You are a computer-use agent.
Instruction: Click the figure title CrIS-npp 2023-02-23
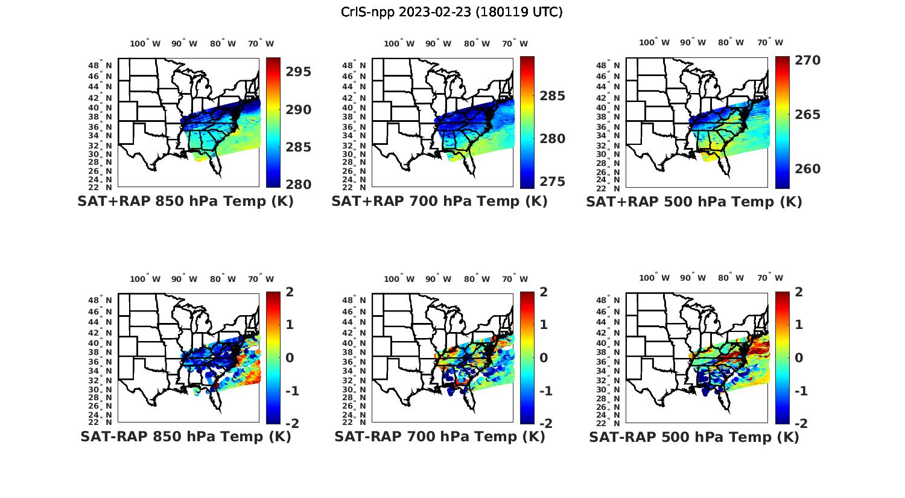coord(452,12)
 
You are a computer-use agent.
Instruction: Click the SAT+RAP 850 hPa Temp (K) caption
coord(185,202)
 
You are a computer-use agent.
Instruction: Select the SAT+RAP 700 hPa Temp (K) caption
coord(439,202)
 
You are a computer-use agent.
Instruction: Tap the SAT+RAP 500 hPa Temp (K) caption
coord(694,202)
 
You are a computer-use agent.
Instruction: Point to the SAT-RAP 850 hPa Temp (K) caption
coord(185,437)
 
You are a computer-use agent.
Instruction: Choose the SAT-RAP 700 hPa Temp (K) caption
coord(439,437)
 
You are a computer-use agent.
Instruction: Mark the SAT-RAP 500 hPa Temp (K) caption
coord(694,437)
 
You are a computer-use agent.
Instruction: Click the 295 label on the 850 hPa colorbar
coord(299,72)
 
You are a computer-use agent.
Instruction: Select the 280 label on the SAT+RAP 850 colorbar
coord(299,185)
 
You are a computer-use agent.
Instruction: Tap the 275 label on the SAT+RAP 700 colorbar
coord(553,182)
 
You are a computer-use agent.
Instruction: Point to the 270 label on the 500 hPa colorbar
coord(807,60)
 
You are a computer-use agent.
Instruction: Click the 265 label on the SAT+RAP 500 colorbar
coord(807,115)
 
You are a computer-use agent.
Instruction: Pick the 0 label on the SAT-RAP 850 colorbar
coord(289,358)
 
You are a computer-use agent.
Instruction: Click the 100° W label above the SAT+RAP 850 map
coord(145,43)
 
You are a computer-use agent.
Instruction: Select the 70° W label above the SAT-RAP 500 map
coord(770,278)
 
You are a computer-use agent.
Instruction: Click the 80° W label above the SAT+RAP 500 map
coord(731,43)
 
